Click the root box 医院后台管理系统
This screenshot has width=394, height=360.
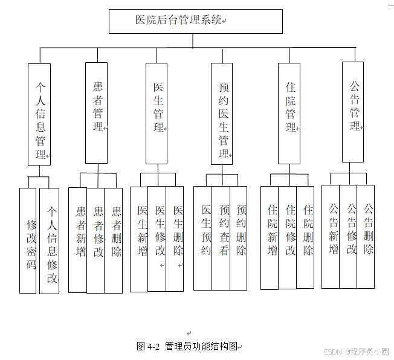coord(195,21)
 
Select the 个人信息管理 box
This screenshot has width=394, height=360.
coord(39,114)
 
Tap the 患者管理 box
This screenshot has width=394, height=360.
coord(96,113)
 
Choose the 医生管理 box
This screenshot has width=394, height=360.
coord(157,113)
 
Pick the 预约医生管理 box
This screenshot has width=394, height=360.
coord(222,114)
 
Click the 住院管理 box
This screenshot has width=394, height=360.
coord(289,113)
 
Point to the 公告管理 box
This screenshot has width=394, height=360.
coord(353,112)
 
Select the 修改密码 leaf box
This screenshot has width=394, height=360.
coord(28,240)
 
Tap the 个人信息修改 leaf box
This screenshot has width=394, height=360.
coord(50,240)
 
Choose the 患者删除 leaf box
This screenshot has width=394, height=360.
coord(114,240)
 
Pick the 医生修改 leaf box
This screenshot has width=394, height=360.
coord(158,239)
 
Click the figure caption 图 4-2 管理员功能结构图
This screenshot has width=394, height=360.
coord(189,347)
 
